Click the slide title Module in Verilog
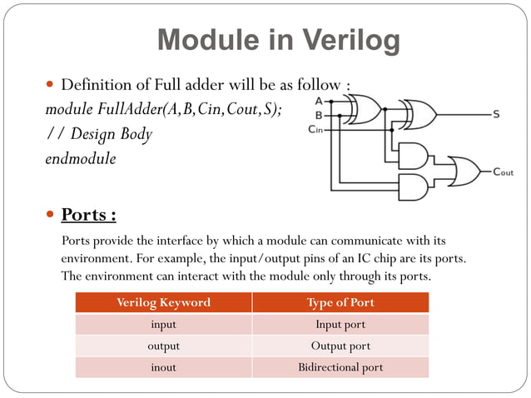coord(278,40)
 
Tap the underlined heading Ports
coord(89,215)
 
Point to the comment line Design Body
coord(98,133)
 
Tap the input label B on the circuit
coord(319,114)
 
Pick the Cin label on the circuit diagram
coord(316,129)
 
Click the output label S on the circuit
coord(495,115)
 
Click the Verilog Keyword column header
coord(163,302)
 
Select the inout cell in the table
coord(163,367)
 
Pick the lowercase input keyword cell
coord(163,324)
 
